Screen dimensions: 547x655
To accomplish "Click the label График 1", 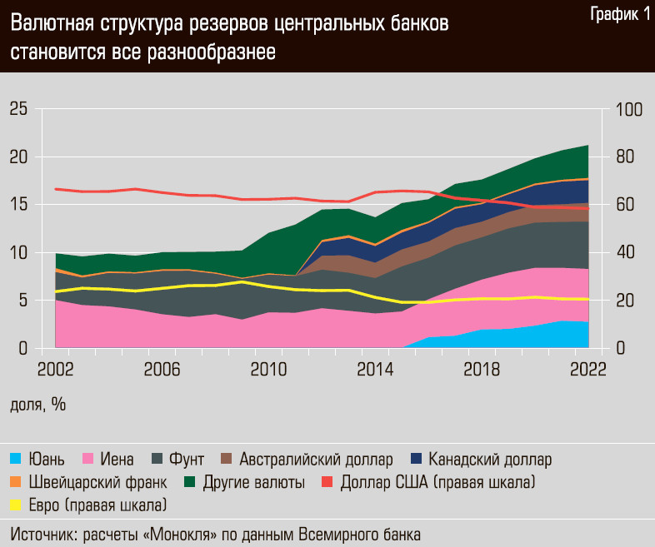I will (620, 14).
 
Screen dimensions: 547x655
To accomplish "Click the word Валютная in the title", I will (51, 25).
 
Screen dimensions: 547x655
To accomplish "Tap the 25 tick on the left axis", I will (18, 109).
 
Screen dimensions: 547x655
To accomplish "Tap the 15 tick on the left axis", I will (18, 205).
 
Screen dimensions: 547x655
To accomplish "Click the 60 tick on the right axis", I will (625, 205).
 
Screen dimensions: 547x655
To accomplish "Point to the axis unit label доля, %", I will (37, 405).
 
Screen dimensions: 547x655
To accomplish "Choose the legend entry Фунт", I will (186, 459).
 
